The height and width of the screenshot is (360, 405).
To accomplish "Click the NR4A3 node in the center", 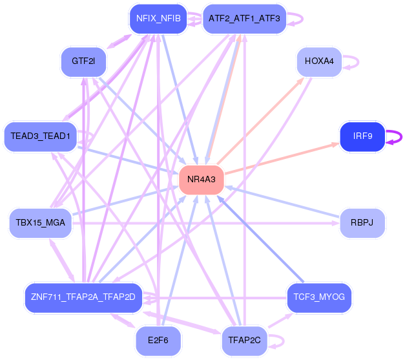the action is tap(202, 180).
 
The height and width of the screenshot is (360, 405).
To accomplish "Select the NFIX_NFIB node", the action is tap(158, 19).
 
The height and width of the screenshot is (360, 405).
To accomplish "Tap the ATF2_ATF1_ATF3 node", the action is tap(244, 19).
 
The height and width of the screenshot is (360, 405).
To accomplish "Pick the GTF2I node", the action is tap(83, 62).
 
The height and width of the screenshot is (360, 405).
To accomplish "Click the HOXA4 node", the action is tap(319, 62).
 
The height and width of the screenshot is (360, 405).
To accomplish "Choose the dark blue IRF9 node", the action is tap(362, 136).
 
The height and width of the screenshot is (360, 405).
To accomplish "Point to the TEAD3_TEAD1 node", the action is tap(40, 136).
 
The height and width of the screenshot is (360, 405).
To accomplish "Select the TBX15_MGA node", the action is tap(40, 223).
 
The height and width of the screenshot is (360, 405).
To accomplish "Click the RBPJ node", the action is tap(362, 223).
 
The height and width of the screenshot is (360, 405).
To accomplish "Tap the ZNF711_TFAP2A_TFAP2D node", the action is tap(83, 297).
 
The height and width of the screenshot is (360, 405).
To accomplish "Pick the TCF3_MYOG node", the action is tap(319, 297).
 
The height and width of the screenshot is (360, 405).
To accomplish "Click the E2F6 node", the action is tap(158, 341).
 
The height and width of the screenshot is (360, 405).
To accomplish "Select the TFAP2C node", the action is tap(244, 341).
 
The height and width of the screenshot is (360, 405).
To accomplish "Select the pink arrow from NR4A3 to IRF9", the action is tap(282, 158).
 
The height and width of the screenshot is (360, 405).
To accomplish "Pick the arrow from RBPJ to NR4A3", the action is tap(282, 201).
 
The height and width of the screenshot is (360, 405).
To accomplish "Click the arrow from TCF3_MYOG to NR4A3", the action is tap(260, 238).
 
